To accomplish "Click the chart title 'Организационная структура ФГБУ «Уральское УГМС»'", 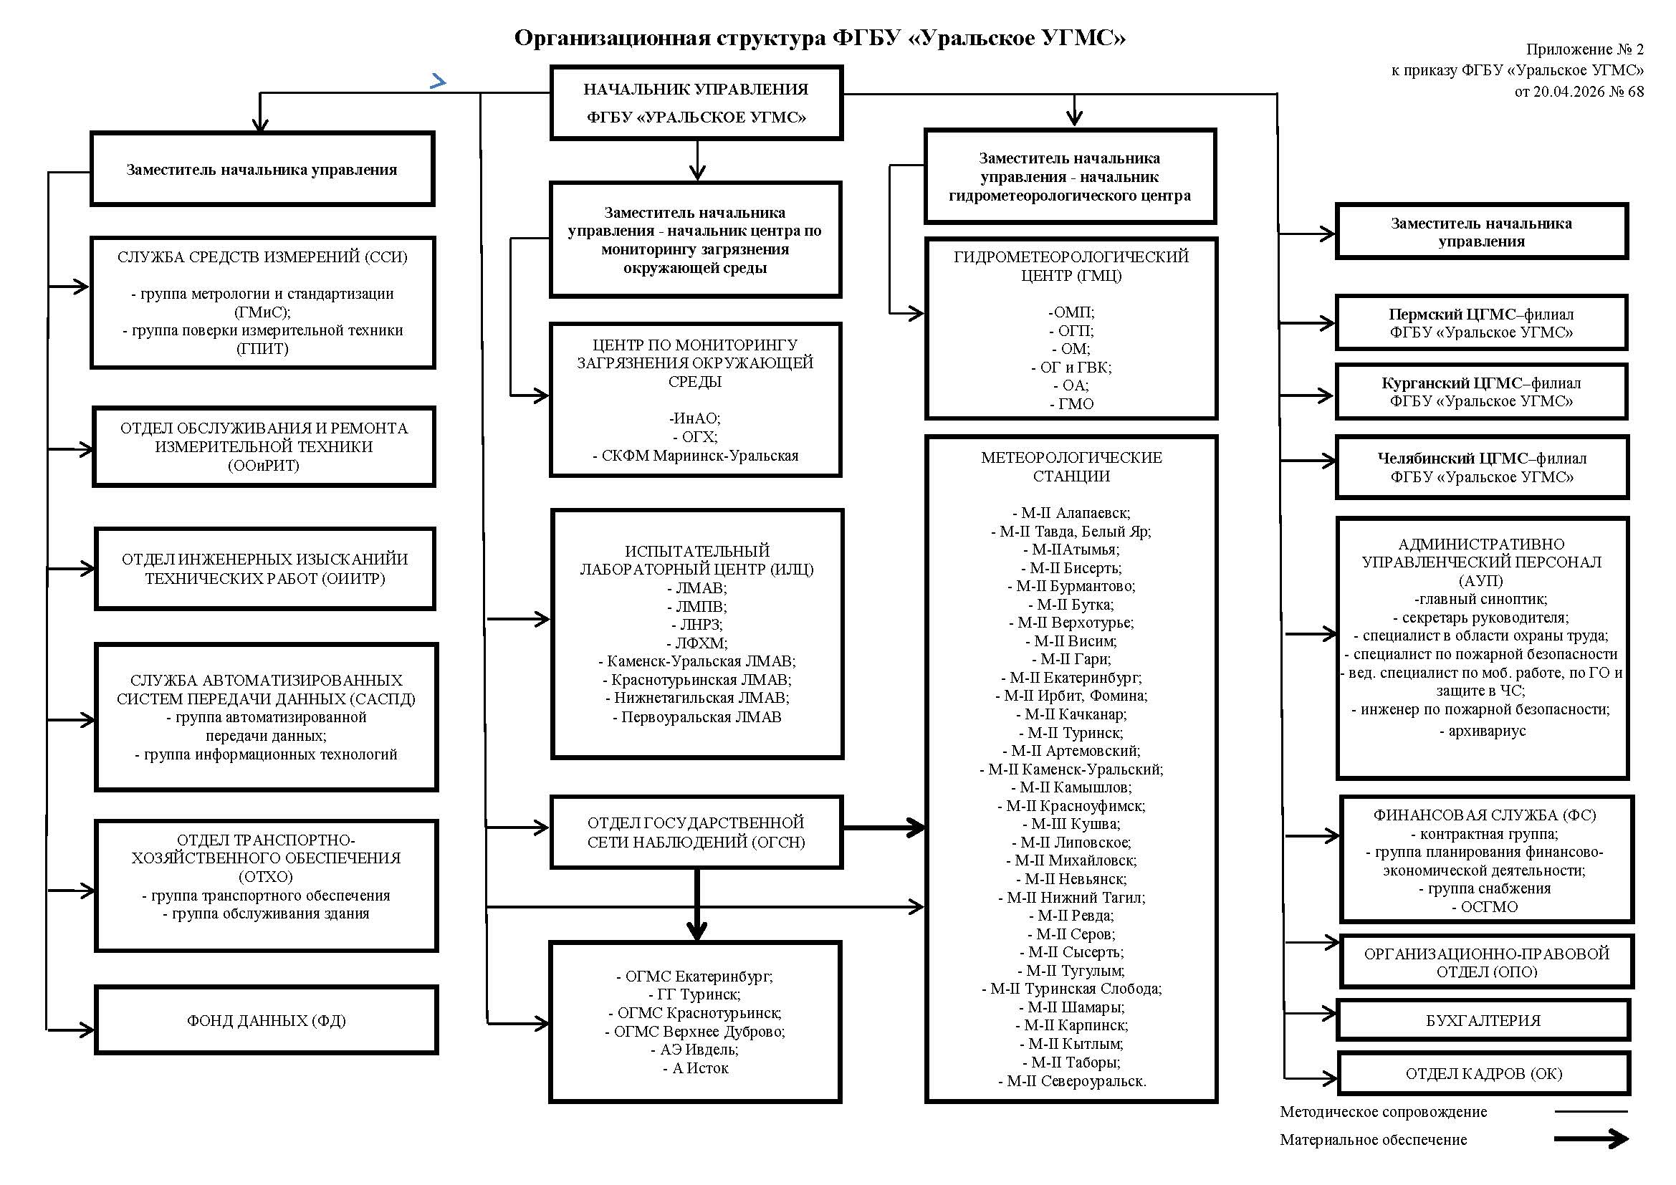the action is click(820, 37).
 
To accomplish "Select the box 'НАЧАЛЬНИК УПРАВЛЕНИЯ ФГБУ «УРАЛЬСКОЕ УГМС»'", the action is click(696, 103).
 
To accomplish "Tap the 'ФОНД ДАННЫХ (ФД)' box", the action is click(267, 1020).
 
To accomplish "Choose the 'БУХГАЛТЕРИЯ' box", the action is click(1483, 1020).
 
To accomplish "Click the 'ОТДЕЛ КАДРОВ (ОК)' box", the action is click(1483, 1073).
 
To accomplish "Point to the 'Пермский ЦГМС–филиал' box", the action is click(1482, 323).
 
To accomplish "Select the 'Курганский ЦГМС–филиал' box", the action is click(1482, 392).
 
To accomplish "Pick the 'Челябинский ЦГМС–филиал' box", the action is click(1482, 468).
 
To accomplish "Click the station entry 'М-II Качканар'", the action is click(1071, 714).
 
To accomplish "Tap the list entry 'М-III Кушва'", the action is click(1071, 824).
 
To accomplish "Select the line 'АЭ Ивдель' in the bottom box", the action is click(694, 1050).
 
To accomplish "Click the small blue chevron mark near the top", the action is click(438, 81).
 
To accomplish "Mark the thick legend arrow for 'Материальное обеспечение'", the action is click(1591, 1139).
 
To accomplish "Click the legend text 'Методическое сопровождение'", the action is click(1383, 1111).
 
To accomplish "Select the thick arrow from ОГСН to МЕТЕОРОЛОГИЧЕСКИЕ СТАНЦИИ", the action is click(884, 827).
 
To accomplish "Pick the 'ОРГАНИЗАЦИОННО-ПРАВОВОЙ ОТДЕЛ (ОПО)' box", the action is click(1486, 961).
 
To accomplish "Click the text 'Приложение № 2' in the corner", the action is click(1585, 49).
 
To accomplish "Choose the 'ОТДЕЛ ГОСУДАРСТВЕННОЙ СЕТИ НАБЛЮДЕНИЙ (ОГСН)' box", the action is click(696, 832).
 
